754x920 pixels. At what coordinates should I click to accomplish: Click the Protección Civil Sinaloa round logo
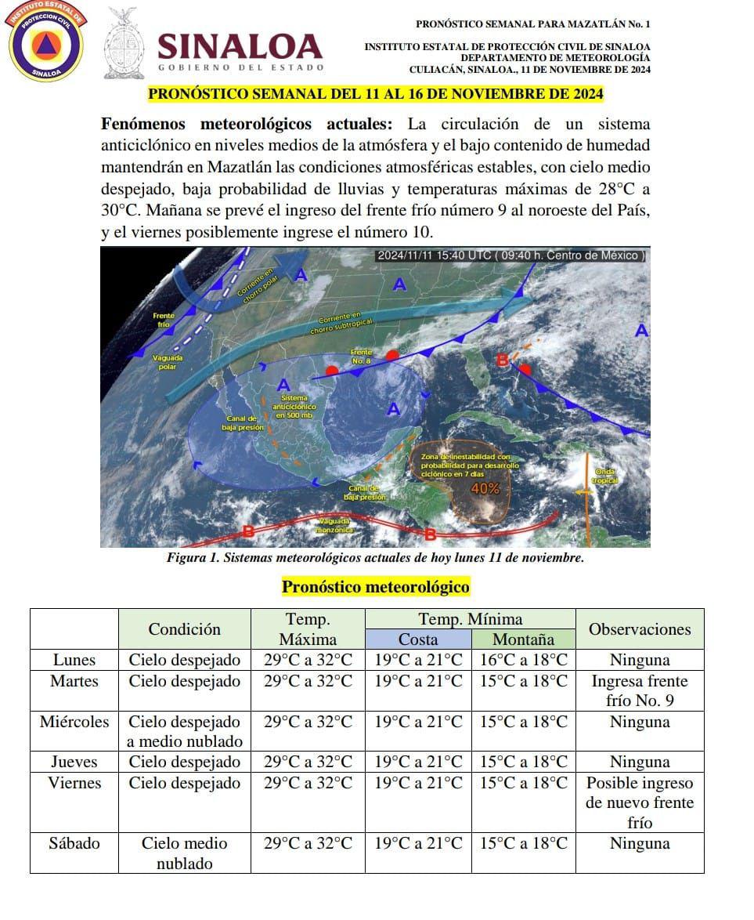coord(46,42)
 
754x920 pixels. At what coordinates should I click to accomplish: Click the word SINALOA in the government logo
coord(240,47)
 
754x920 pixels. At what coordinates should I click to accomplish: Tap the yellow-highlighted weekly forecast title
coord(376,94)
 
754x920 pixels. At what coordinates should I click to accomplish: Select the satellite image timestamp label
coord(510,255)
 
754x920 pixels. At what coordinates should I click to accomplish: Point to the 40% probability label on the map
coord(485,489)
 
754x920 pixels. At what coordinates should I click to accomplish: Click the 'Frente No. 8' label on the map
coord(361,356)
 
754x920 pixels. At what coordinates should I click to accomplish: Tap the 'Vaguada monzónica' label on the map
coord(335,525)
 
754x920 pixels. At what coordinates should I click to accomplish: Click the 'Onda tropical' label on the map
coord(605,475)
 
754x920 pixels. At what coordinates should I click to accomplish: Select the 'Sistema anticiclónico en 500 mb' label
coord(294,407)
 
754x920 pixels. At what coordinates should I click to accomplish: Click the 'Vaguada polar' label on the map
coord(167,362)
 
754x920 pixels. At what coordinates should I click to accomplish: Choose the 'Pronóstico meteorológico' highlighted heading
coord(376,587)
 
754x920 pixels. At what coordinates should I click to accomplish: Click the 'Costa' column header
coord(418,639)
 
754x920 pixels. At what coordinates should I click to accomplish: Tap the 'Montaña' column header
coord(523,639)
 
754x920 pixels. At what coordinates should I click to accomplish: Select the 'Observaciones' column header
coord(639,629)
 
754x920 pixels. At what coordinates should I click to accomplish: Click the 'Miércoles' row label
coord(74,722)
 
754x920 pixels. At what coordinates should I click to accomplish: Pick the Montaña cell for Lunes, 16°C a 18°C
coord(523,659)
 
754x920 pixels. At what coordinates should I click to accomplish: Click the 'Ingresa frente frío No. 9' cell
coord(639,690)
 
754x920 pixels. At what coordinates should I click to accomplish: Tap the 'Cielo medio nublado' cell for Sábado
coord(184,853)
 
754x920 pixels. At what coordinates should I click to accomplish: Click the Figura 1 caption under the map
coord(375,558)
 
